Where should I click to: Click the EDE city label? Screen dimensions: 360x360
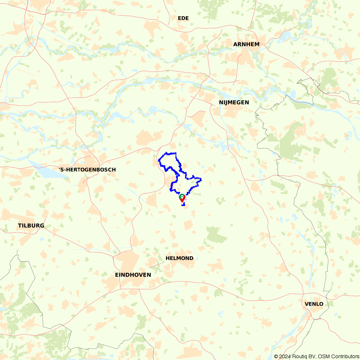183,18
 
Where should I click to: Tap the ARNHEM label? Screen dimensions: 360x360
246,44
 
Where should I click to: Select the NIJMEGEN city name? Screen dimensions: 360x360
234,103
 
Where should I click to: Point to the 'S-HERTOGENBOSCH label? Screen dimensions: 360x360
87,170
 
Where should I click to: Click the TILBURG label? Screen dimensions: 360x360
31,226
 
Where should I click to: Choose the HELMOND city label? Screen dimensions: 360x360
179,258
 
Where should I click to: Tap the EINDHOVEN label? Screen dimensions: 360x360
133,275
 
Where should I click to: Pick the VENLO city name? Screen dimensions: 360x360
314,304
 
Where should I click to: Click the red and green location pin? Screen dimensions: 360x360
182,198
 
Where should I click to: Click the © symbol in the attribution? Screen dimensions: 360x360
276,356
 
